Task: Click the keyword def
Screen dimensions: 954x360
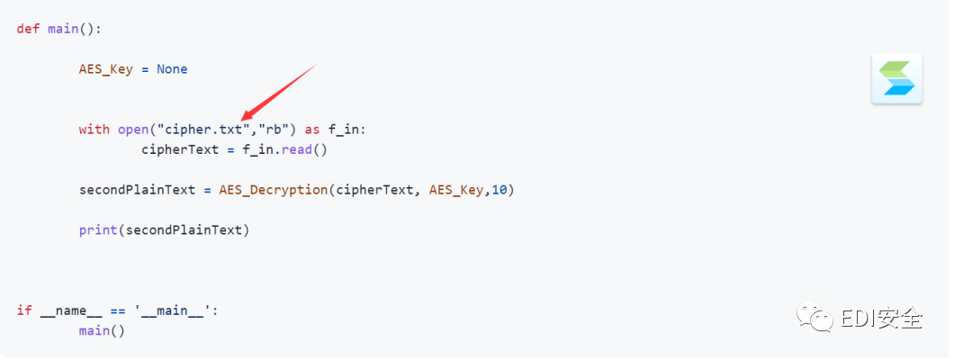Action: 29,29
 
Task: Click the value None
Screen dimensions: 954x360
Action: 172,69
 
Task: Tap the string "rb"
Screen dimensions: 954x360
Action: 274,130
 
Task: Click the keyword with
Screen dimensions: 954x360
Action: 94,130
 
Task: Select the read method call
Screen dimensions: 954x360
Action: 297,149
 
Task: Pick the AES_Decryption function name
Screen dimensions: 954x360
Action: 274,190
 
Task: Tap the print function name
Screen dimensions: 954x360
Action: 98,230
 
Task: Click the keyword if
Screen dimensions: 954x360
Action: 24,310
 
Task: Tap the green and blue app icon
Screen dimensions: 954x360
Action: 896,78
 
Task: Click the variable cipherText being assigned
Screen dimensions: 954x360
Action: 180,149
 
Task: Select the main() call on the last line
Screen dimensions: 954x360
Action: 102,330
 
